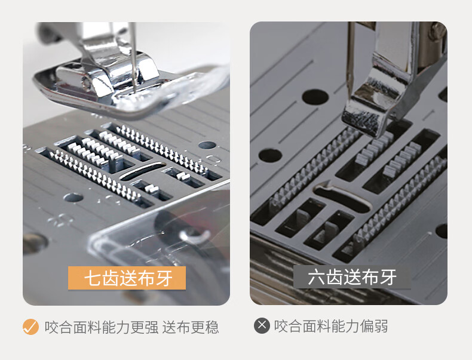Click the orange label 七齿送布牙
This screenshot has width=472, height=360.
pyautogui.click(x=127, y=278)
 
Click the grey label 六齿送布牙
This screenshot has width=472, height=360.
pyautogui.click(x=352, y=277)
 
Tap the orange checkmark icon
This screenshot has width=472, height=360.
pyautogui.click(x=30, y=327)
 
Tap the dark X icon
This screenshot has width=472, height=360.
pyautogui.click(x=262, y=325)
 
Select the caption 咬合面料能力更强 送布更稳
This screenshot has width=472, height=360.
pyautogui.click(x=131, y=327)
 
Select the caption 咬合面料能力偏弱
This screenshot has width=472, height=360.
pyautogui.click(x=331, y=326)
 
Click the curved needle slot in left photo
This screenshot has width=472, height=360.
pyautogui.click(x=143, y=171)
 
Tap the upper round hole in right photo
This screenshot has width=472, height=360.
pyautogui.click(x=315, y=97)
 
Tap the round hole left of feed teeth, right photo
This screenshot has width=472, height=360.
pyautogui.click(x=270, y=155)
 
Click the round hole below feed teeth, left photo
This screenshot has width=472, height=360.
pyautogui.click(x=73, y=198)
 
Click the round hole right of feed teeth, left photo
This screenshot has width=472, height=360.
pyautogui.click(x=207, y=145)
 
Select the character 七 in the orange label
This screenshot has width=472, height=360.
pyautogui.click(x=93, y=278)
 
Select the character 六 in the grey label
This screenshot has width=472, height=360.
pyautogui.click(x=316, y=277)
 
